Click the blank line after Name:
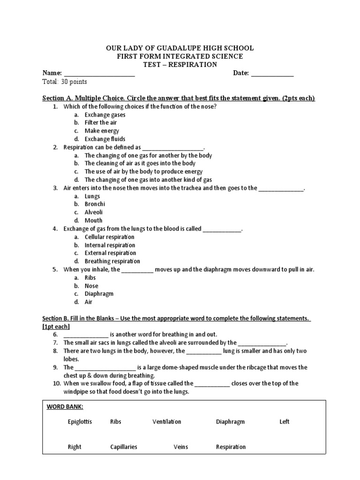coord(99,74)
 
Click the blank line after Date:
coord(273,74)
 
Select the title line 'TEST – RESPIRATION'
coord(180,65)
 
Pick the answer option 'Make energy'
coord(102,131)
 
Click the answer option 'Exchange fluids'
coord(105,139)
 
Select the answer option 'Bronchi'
coord(95,204)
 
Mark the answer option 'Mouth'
coord(93,220)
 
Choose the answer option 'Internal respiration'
coord(110,245)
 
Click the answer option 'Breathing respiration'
coord(112,261)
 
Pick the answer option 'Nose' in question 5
coord(91,286)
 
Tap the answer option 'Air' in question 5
coord(89,302)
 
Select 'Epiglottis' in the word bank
coord(80,422)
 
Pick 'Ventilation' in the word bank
coord(166,422)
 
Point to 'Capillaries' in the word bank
coord(124,447)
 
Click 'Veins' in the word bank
coord(180,447)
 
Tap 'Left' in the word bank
coord(284,422)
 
